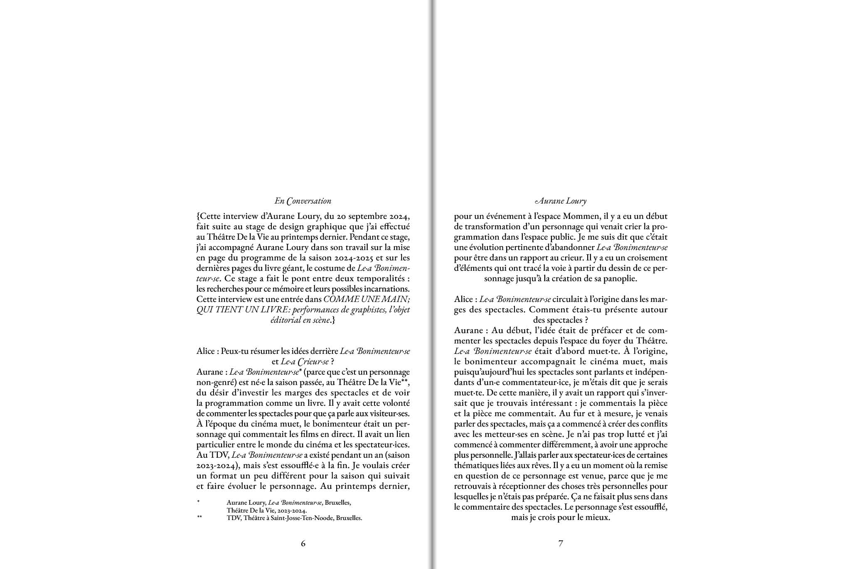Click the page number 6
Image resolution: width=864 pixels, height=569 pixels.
pyautogui.click(x=303, y=543)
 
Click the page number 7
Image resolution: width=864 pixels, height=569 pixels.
pyautogui.click(x=561, y=543)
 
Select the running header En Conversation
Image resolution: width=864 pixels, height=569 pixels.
pyautogui.click(x=303, y=201)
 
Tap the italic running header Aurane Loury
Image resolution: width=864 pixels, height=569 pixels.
pyautogui.click(x=561, y=201)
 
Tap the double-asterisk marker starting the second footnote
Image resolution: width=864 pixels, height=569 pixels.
pyautogui.click(x=199, y=518)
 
